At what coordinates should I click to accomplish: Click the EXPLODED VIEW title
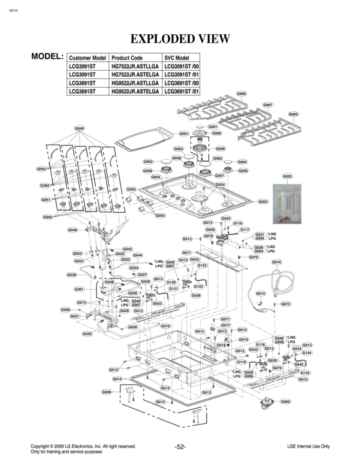[x=180, y=39]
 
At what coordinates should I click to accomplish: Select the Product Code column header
[x=127, y=58]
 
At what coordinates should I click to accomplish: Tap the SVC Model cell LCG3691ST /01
[x=182, y=91]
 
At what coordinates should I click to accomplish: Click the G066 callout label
[x=242, y=94]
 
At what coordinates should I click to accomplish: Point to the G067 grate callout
[x=268, y=105]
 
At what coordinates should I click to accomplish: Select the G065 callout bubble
[x=293, y=114]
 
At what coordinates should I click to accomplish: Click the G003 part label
[x=287, y=176]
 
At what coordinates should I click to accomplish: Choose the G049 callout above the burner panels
[x=80, y=129]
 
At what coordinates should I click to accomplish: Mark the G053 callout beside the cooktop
[x=262, y=202]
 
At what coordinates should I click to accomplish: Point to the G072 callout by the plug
[x=285, y=304]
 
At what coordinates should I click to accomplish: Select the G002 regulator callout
[x=285, y=401]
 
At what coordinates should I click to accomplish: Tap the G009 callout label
[x=106, y=392]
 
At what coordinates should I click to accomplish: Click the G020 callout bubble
[x=87, y=334]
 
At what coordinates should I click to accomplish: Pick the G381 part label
[x=79, y=289]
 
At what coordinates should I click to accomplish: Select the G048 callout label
[x=73, y=230]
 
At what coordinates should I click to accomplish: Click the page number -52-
[x=180, y=447]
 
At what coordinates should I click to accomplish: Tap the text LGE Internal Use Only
[x=308, y=446]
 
